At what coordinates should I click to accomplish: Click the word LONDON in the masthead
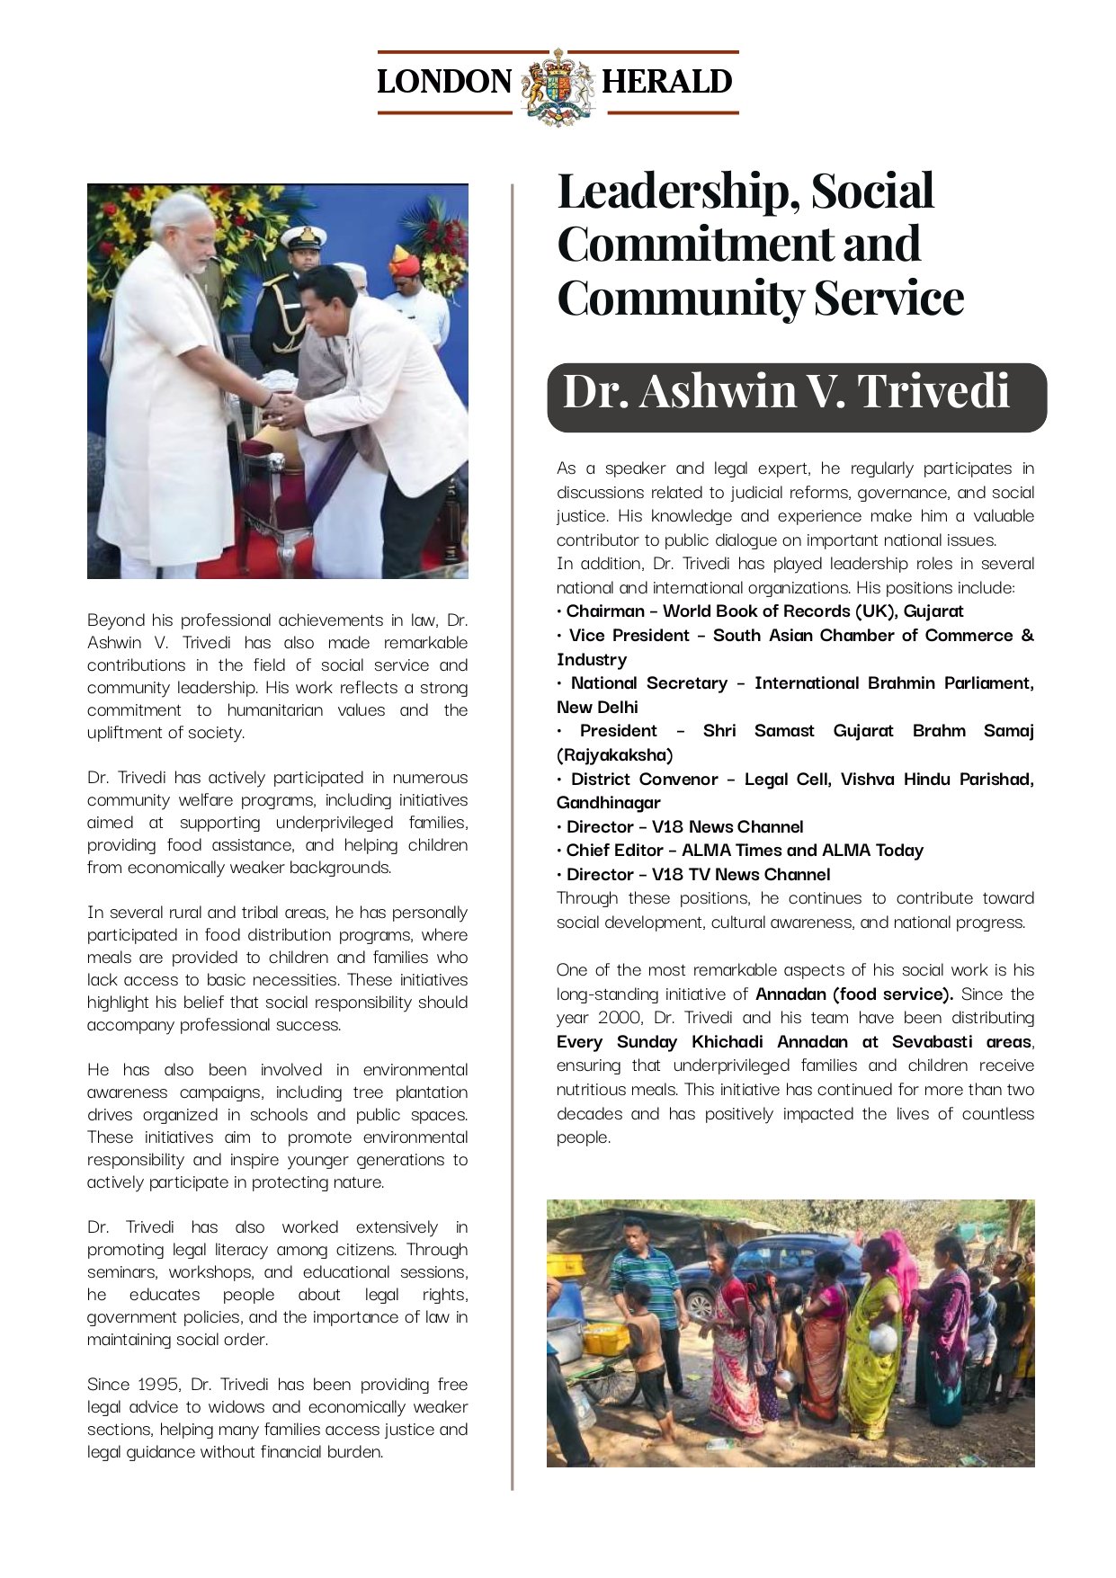443,82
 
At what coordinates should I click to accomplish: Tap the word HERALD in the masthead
666,82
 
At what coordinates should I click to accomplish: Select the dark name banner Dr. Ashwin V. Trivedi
796,397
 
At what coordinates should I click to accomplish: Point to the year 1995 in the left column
157,1384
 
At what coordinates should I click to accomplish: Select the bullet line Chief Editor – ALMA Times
744,851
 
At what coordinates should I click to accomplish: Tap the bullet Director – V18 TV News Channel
697,874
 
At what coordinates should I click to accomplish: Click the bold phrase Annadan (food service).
853,994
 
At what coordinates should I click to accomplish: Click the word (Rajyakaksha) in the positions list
614,755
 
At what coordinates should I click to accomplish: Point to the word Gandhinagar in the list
608,803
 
